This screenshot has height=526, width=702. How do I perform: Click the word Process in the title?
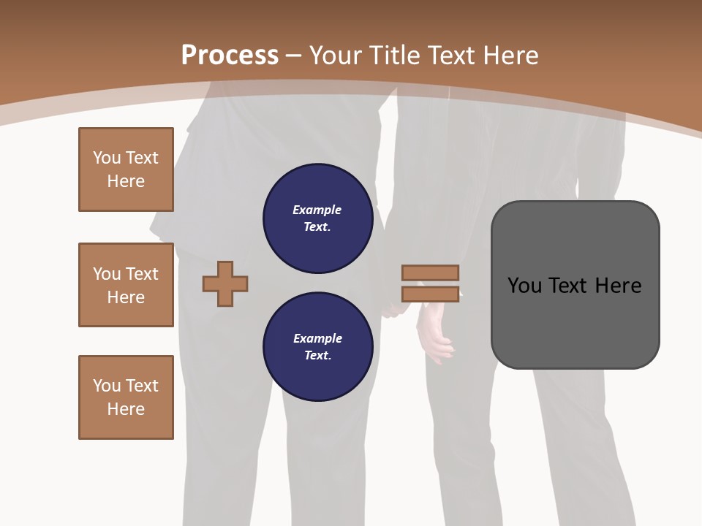point(230,56)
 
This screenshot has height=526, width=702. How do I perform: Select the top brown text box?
point(126,169)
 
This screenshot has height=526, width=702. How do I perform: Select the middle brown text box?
point(126,285)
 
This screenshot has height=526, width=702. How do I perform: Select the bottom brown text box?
point(126,397)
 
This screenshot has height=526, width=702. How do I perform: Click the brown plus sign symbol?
point(225,283)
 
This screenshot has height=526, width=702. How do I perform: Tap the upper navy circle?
point(317,218)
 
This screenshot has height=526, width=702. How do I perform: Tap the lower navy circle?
point(317,347)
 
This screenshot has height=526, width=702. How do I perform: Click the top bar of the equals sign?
point(431,272)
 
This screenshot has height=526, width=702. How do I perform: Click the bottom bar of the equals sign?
point(431,294)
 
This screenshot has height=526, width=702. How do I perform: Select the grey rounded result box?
point(575,285)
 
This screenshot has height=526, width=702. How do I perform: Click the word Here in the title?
point(509,56)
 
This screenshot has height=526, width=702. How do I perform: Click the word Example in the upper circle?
point(317,210)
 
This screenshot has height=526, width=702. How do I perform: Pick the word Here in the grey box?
point(618,286)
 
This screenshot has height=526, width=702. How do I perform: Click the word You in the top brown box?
point(107,158)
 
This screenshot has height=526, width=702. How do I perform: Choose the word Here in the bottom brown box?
point(126,409)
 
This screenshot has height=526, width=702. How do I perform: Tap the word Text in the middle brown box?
point(143,274)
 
